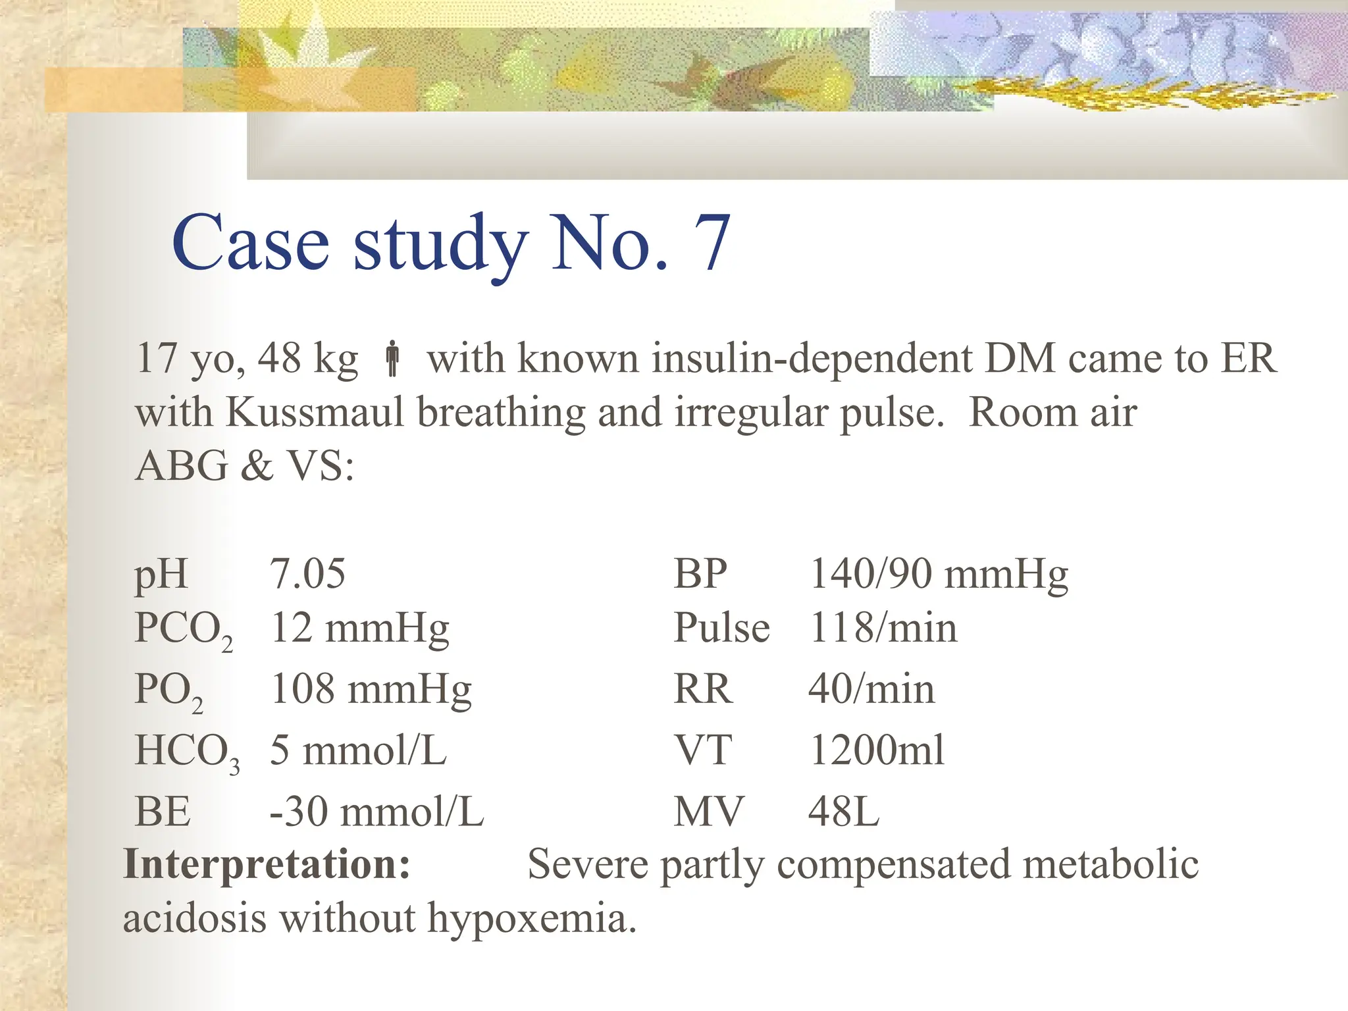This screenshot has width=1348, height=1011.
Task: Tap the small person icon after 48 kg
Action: pos(392,359)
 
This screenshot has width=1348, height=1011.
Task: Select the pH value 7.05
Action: pos(307,573)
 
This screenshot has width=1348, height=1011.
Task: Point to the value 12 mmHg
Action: pos(359,628)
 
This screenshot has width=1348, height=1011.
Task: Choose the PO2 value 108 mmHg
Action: pos(371,690)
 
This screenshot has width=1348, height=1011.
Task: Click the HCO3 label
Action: pos(186,752)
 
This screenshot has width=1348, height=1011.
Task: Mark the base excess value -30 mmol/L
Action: pos(376,812)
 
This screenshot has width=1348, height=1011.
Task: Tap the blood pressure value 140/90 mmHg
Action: pos(938,574)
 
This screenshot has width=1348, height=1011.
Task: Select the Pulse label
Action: pos(721,628)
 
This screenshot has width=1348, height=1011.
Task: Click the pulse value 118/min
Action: pos(883,628)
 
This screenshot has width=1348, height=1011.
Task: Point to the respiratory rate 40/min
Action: pos(871,690)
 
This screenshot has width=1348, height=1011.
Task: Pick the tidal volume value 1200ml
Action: pos(877,750)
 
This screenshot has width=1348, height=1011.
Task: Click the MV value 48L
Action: pos(843,812)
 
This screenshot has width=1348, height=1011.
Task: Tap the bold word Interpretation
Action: pos(267,864)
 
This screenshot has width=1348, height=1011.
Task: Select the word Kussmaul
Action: pos(315,413)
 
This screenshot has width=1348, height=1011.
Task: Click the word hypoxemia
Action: pos(532,918)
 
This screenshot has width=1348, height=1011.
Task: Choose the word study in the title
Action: pos(440,245)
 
